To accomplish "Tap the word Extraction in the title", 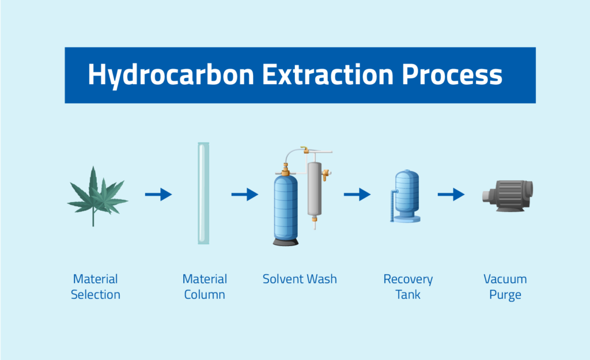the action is (x=328, y=74).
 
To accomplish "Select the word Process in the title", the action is (x=452, y=74).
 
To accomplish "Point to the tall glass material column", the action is (x=203, y=194).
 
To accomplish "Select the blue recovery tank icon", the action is (x=405, y=196).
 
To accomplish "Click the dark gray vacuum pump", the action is (x=508, y=196).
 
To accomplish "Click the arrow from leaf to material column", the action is (x=158, y=195).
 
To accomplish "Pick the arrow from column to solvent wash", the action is (x=244, y=195).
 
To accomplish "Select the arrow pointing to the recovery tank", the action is (x=357, y=195).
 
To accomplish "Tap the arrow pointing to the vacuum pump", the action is (x=451, y=195).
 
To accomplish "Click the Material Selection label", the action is (x=96, y=287).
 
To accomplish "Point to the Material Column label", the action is (x=205, y=287).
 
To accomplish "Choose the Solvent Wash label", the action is (x=300, y=279).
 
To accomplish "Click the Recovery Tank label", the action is (x=408, y=287).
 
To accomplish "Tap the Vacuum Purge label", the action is (x=505, y=287).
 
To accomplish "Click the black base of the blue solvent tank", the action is (x=286, y=242).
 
